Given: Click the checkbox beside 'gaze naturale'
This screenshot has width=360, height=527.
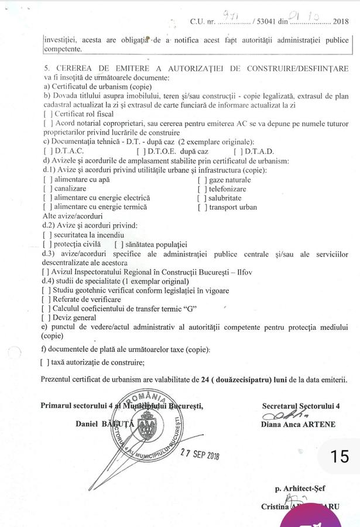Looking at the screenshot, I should [201, 180].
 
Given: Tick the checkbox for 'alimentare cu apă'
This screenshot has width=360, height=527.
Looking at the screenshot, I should [47, 180].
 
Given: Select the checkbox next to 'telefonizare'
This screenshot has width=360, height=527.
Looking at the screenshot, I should [201, 189].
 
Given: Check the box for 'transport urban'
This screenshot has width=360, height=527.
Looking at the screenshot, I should [201, 207].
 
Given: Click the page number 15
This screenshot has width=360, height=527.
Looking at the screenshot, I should [339, 456].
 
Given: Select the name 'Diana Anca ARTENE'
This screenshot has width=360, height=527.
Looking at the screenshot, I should [298, 425].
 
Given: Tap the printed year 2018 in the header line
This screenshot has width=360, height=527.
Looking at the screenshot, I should [340, 22].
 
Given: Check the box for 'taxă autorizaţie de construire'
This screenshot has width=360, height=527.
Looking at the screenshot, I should [44, 362].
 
